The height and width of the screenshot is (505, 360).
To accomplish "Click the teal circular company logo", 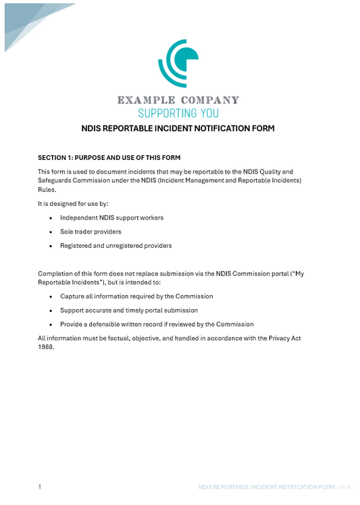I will (x=178, y=63).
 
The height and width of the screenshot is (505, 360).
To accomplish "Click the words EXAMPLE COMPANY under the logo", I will (x=178, y=101).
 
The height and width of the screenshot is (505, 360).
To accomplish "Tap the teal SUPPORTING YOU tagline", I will (x=178, y=113).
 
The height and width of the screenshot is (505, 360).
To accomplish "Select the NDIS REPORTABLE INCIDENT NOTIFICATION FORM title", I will (x=178, y=128).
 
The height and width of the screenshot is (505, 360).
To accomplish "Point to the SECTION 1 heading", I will (x=109, y=157).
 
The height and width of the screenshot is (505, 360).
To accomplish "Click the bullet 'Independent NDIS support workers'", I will (x=111, y=217).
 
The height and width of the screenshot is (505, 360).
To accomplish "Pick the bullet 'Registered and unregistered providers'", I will (x=115, y=246).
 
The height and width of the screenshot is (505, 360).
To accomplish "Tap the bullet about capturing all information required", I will (x=136, y=296).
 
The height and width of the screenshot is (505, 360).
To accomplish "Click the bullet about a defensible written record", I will (x=156, y=324).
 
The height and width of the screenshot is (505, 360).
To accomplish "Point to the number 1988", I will (x=45, y=347).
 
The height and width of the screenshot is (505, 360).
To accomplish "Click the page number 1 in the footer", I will (x=40, y=486).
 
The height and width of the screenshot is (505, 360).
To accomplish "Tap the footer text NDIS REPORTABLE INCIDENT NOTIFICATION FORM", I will (x=267, y=487).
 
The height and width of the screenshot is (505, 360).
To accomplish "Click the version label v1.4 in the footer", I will (x=344, y=487).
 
